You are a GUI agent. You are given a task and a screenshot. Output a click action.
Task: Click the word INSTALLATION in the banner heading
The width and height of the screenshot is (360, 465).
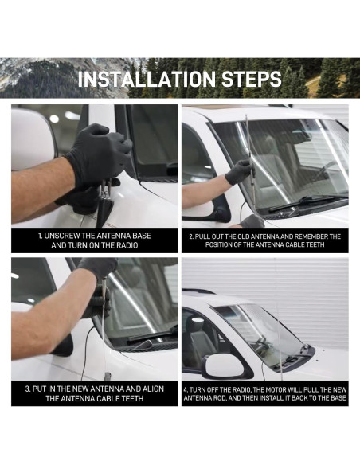pyautogui.click(x=147, y=79)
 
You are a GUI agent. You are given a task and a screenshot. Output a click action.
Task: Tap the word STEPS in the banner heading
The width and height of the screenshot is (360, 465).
pyautogui.click(x=252, y=79)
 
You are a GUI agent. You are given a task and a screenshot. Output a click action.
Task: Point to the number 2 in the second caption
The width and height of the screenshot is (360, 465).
pyautogui.click(x=191, y=236)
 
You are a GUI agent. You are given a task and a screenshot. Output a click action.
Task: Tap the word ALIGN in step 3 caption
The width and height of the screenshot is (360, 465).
pyautogui.click(x=153, y=389)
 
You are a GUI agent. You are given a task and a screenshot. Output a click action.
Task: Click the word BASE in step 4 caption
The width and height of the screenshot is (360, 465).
pyautogui.click(x=338, y=397)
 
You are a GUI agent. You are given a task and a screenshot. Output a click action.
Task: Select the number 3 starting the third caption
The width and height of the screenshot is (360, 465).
pyautogui.click(x=27, y=389)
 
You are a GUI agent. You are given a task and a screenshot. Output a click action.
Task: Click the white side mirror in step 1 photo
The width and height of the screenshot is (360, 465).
pyautogui.click(x=33, y=139)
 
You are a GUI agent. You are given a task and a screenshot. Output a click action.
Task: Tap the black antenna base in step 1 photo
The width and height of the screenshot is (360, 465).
pyautogui.click(x=104, y=211)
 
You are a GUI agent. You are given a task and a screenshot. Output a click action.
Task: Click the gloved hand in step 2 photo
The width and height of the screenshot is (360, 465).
pyautogui.click(x=239, y=172)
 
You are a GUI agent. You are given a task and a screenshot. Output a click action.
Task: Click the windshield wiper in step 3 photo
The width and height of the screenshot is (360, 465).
pyautogui.click(x=152, y=334)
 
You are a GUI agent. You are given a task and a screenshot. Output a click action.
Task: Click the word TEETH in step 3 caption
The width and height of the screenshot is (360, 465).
pyautogui.click(x=131, y=398)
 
